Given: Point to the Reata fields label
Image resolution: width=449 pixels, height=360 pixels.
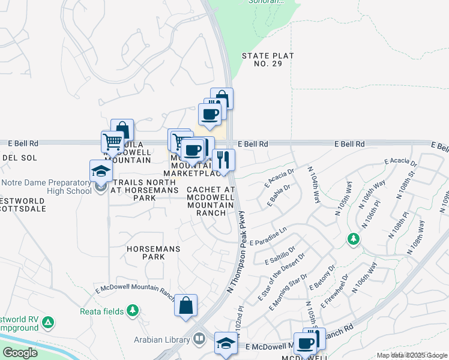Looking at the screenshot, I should pyautogui.click(x=101, y=311).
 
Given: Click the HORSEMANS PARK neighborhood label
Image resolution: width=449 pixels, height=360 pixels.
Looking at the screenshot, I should pyautogui.click(x=145, y=252).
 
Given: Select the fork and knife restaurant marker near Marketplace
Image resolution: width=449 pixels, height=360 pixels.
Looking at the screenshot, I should pyautogui.click(x=223, y=160).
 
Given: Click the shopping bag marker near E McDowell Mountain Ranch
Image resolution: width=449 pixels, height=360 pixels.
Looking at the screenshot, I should pyautogui.click(x=186, y=305).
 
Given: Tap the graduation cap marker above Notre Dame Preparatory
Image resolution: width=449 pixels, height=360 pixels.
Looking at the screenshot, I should pyautogui.click(x=101, y=171).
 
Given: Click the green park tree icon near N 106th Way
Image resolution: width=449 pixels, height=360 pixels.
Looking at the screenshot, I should pyautogui.click(x=354, y=239).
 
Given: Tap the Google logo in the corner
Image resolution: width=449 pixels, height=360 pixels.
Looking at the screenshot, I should pyautogui.click(x=20, y=353).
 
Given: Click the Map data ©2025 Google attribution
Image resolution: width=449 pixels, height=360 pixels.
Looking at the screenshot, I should pyautogui.click(x=412, y=356).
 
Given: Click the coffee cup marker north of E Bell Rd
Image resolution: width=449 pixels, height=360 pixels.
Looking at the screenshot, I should pyautogui.click(x=209, y=114).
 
